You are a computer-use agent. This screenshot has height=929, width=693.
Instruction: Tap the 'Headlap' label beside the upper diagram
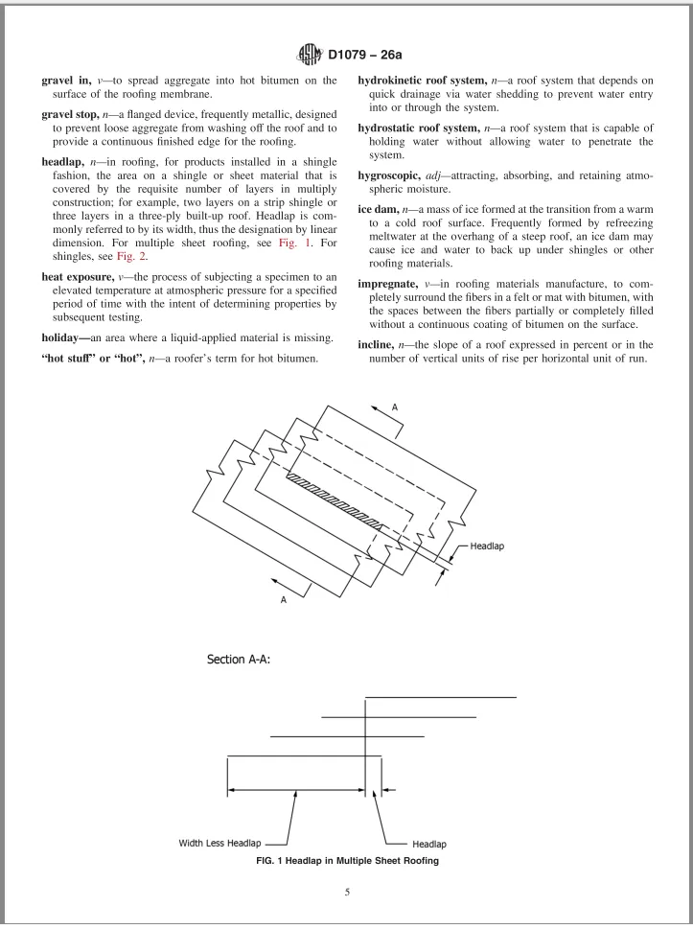490,546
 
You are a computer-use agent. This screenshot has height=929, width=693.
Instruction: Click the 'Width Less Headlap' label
220,845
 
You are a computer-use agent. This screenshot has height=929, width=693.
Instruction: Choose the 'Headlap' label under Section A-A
428,845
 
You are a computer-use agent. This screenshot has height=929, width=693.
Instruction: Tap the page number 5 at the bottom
346,894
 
